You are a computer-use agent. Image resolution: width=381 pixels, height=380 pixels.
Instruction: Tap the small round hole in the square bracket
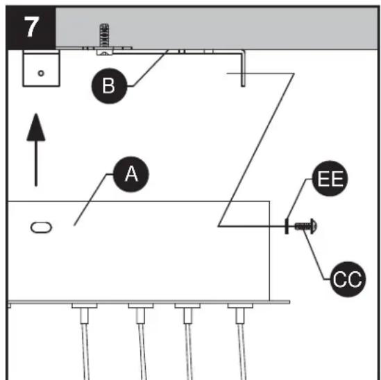[41, 72]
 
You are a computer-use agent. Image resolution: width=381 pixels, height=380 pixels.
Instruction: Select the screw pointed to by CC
[305, 225]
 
